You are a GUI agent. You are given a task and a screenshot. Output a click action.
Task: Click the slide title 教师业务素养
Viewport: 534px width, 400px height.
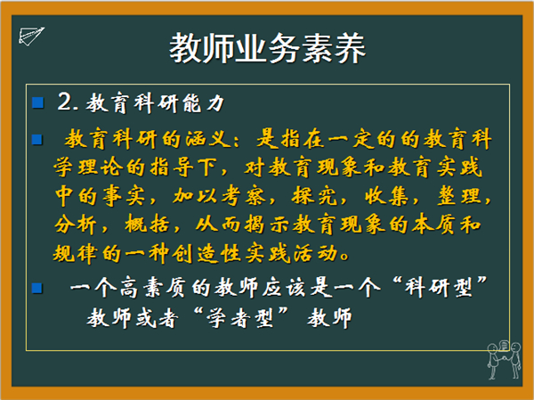point(267,48)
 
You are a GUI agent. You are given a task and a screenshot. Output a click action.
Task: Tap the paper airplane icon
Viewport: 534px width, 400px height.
point(31,37)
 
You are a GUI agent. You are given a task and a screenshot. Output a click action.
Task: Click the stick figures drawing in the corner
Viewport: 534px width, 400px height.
point(504,360)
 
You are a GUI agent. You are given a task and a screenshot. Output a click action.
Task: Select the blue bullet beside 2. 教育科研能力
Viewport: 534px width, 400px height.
point(37,102)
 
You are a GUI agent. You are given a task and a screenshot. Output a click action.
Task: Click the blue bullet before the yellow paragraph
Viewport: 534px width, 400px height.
point(37,140)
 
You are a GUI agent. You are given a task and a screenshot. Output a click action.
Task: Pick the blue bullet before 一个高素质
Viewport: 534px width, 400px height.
point(37,288)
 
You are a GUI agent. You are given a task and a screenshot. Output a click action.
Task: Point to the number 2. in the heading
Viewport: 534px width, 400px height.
point(69,102)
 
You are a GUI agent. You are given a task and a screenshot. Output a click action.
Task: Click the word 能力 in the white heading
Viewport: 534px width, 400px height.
point(203,103)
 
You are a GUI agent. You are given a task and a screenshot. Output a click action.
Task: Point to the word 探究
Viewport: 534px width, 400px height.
point(315,196)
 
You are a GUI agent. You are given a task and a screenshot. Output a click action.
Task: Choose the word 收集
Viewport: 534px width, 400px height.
point(387,196)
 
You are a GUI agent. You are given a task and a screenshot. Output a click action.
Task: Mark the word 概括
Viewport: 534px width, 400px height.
point(148,224)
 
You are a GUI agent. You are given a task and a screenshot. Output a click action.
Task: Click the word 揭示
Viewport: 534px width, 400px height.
point(267,224)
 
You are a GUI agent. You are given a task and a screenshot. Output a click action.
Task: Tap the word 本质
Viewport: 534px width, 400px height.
point(433,224)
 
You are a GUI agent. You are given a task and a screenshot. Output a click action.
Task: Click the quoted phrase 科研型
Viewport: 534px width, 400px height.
point(440,288)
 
